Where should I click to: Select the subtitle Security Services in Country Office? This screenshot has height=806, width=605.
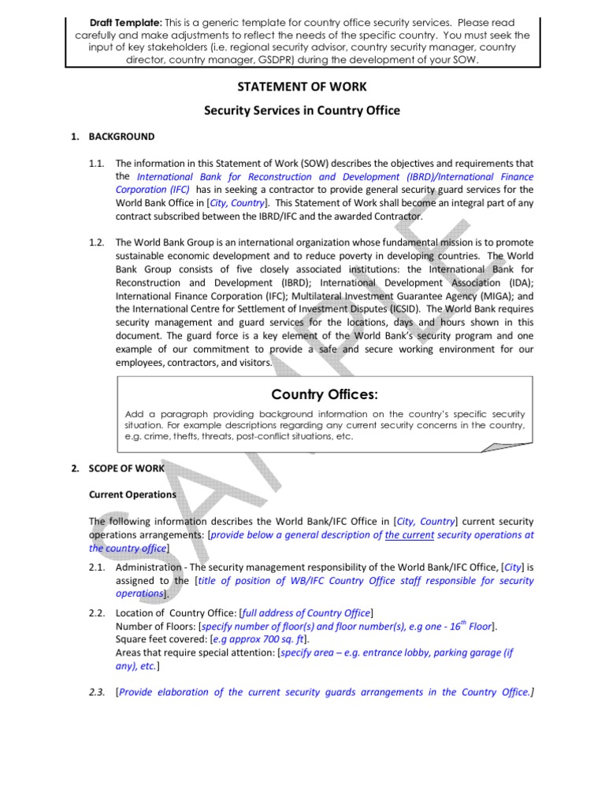(302, 110)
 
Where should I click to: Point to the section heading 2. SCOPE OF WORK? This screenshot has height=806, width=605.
(117, 468)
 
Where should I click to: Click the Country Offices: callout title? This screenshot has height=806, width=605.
(325, 394)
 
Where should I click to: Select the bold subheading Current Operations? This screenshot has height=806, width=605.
(132, 494)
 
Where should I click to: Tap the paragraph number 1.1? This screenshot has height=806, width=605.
(97, 163)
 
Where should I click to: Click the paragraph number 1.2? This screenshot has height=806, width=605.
(97, 242)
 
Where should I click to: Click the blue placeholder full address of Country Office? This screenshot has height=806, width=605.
(306, 612)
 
